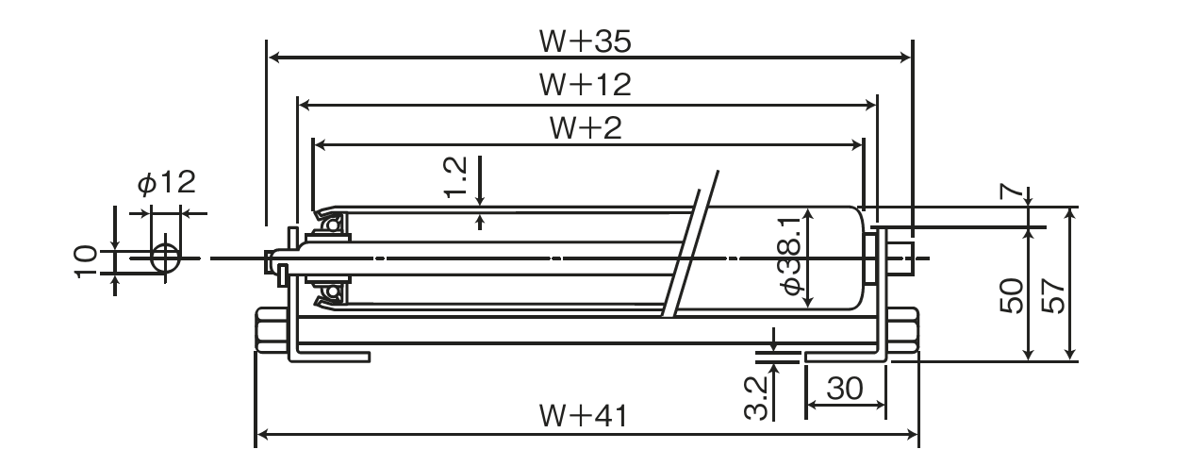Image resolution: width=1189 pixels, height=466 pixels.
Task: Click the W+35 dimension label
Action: tap(585, 42)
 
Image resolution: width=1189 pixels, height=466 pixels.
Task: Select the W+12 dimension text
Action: tap(585, 85)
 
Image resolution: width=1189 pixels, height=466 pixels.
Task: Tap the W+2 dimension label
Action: tap(585, 129)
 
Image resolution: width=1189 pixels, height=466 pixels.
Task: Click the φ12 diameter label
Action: tap(166, 182)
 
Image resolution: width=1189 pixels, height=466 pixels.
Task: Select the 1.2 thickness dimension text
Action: tap(455, 178)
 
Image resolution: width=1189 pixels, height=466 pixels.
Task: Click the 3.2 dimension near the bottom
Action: tap(755, 397)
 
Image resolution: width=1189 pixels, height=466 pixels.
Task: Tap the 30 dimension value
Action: tap(846, 388)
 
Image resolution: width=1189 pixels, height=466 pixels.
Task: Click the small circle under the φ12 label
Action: tap(166, 257)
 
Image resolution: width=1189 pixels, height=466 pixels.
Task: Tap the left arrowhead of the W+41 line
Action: tap(261, 435)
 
